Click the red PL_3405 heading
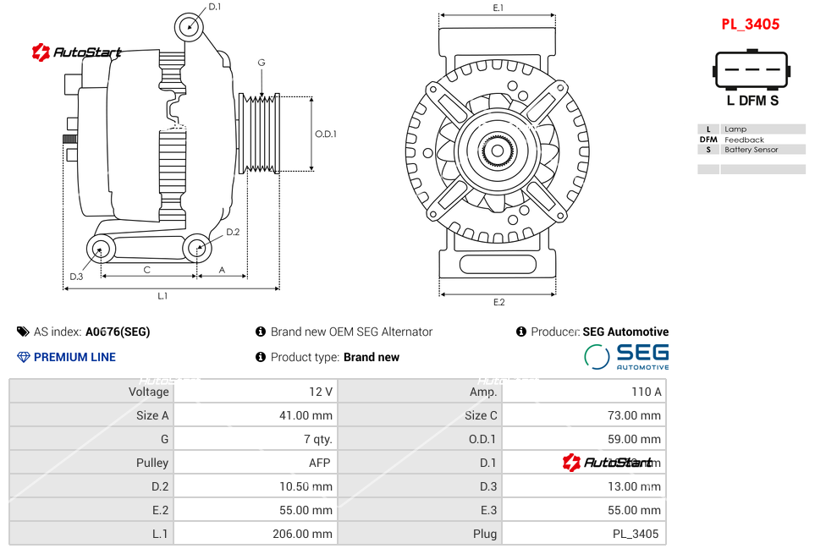pyautogui.click(x=750, y=25)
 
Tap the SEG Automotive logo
pyautogui.click(x=626, y=356)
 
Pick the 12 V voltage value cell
pyautogui.click(x=255, y=392)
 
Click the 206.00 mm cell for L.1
pyautogui.click(x=255, y=534)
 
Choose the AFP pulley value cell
pyautogui.click(x=255, y=463)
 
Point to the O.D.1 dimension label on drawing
pyautogui.click(x=326, y=134)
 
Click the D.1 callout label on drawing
pyautogui.click(x=214, y=7)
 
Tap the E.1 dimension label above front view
pyautogui.click(x=498, y=8)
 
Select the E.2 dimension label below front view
pyautogui.click(x=498, y=302)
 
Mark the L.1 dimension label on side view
pyautogui.click(x=162, y=295)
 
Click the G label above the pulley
pyautogui.click(x=262, y=63)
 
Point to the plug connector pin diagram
pyautogui.click(x=752, y=70)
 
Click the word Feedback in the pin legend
pyautogui.click(x=744, y=140)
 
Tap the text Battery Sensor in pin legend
pyautogui.click(x=752, y=150)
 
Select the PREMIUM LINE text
pyautogui.click(x=74, y=357)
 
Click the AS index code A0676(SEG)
pyautogui.click(x=118, y=332)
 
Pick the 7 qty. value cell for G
pyautogui.click(x=255, y=439)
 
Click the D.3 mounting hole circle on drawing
pyautogui.click(x=102, y=249)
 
